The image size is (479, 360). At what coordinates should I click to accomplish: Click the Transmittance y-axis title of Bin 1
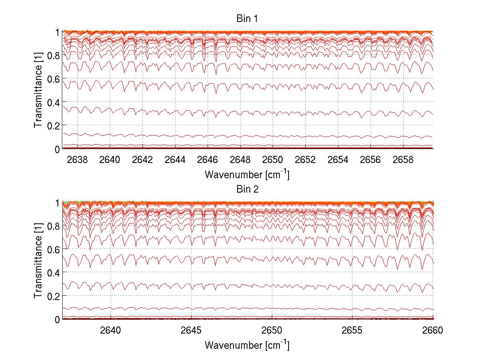coord(38,90)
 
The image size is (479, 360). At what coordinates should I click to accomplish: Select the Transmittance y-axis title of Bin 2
coord(38,261)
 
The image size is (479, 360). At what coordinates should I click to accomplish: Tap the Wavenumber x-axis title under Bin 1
coord(247,175)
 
